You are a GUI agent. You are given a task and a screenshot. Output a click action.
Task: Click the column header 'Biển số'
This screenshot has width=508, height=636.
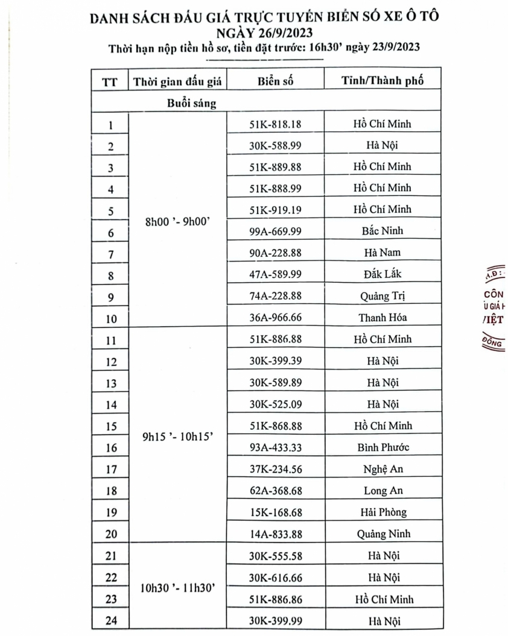275,81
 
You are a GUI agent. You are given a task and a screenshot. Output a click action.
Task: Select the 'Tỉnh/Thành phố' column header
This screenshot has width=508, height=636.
383,81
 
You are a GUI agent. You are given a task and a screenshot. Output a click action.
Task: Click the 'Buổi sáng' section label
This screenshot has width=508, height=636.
192,104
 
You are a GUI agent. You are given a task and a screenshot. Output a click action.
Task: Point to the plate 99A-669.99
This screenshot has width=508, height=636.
275,231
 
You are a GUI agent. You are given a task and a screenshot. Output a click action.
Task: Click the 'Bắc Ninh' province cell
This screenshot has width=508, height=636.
383,231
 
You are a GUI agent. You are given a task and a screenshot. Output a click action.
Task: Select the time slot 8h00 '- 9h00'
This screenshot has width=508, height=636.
178,221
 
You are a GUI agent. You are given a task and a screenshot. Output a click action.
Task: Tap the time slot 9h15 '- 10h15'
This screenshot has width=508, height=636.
178,437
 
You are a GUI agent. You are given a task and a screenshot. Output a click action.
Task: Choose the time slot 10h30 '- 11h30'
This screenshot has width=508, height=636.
178,588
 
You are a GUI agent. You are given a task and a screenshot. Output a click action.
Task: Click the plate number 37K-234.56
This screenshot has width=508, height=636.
275,468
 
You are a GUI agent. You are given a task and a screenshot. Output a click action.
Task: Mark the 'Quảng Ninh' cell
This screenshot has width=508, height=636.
383,534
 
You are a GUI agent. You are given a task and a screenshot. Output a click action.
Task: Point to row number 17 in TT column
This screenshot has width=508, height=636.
110,469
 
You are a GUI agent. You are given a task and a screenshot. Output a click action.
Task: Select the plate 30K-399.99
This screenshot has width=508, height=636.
275,620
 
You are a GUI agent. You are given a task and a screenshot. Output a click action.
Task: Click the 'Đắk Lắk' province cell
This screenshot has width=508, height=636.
383,274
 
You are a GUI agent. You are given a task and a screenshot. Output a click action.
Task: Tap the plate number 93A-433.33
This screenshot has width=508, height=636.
275,447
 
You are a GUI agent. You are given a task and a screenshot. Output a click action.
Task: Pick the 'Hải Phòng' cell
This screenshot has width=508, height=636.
383,512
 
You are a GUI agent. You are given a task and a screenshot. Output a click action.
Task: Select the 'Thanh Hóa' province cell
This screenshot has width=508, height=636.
383,317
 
